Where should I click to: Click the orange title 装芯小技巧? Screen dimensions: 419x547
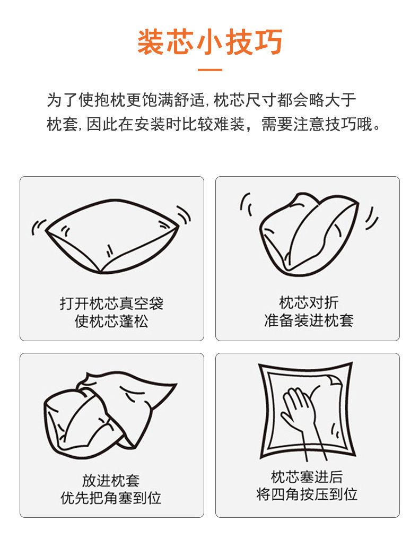coord(210,42)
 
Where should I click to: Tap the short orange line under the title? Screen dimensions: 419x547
coord(210,70)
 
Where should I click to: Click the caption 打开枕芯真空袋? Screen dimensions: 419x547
coord(111,303)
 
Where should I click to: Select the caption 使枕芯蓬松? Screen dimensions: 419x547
coord(111,321)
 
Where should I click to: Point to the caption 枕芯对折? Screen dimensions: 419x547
coord(308,302)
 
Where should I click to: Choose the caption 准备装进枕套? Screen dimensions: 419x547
coord(308,320)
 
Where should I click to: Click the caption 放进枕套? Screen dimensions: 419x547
coord(111,480)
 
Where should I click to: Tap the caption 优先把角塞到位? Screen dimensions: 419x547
coord(111,498)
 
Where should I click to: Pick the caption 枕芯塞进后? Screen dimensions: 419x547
coord(307,476)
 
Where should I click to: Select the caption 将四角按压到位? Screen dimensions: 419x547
coord(307,494)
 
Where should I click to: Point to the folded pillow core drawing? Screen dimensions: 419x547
coord(309,235)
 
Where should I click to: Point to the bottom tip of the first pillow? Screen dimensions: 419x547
coord(100,272)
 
